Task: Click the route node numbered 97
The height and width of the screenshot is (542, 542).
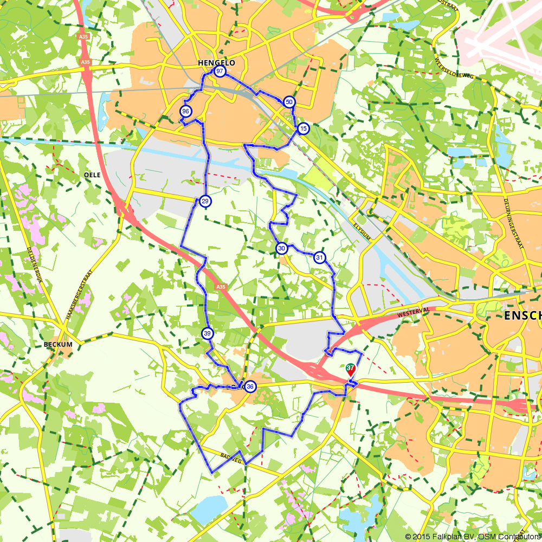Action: pyautogui.click(x=220, y=72)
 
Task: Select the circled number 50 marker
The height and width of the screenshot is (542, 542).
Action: pyautogui.click(x=289, y=102)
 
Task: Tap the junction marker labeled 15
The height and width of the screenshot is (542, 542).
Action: pyautogui.click(x=302, y=128)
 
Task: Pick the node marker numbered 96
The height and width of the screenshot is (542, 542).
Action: pyautogui.click(x=185, y=111)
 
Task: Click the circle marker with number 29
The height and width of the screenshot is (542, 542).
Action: pyautogui.click(x=205, y=202)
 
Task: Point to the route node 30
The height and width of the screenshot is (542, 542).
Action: pyautogui.click(x=281, y=248)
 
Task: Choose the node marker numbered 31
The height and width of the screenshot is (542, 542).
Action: pyautogui.click(x=320, y=257)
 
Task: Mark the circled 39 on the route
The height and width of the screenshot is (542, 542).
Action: pyautogui.click(x=207, y=333)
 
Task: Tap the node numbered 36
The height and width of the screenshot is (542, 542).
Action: pyautogui.click(x=250, y=386)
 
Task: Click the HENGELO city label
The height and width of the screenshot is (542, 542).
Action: pyautogui.click(x=216, y=63)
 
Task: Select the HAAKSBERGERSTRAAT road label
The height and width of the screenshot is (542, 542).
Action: pyautogui.click(x=76, y=295)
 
